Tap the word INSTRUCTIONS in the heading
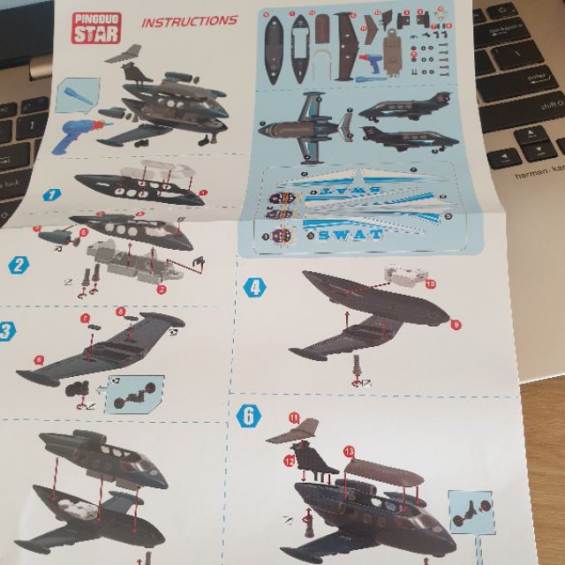click(x=189, y=20)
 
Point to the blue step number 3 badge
click(x=7, y=332)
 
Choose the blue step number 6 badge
click(x=248, y=416)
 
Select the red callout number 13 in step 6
click(x=350, y=450)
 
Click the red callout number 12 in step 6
click(x=290, y=459)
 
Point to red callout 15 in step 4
click(x=431, y=284)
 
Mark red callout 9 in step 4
click(x=456, y=325)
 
